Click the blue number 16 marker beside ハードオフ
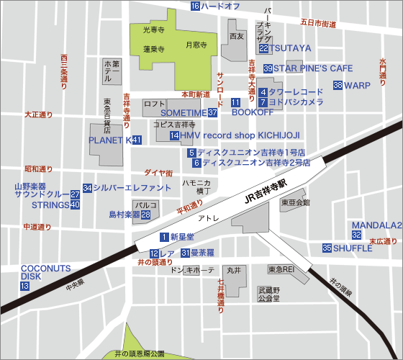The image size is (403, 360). point(195,6)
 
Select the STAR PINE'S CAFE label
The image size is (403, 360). point(313,68)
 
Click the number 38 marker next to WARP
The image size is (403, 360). point(338,86)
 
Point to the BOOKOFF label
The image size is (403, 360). point(253,112)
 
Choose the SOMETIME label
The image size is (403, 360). point(183,113)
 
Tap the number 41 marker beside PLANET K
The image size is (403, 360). point(137,140)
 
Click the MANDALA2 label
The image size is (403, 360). point(377,225)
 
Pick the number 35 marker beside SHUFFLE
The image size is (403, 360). point(327,248)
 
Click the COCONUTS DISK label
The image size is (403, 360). point(45,271)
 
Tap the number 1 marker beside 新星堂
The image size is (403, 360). point(164,236)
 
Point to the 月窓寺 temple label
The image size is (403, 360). point(196,45)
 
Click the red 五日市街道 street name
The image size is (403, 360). point(318,24)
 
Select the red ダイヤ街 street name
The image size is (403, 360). point(158,173)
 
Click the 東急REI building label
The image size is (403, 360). point(281,269)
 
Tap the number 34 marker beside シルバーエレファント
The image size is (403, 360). point(87,187)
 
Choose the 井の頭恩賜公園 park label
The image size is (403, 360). point(140,354)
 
